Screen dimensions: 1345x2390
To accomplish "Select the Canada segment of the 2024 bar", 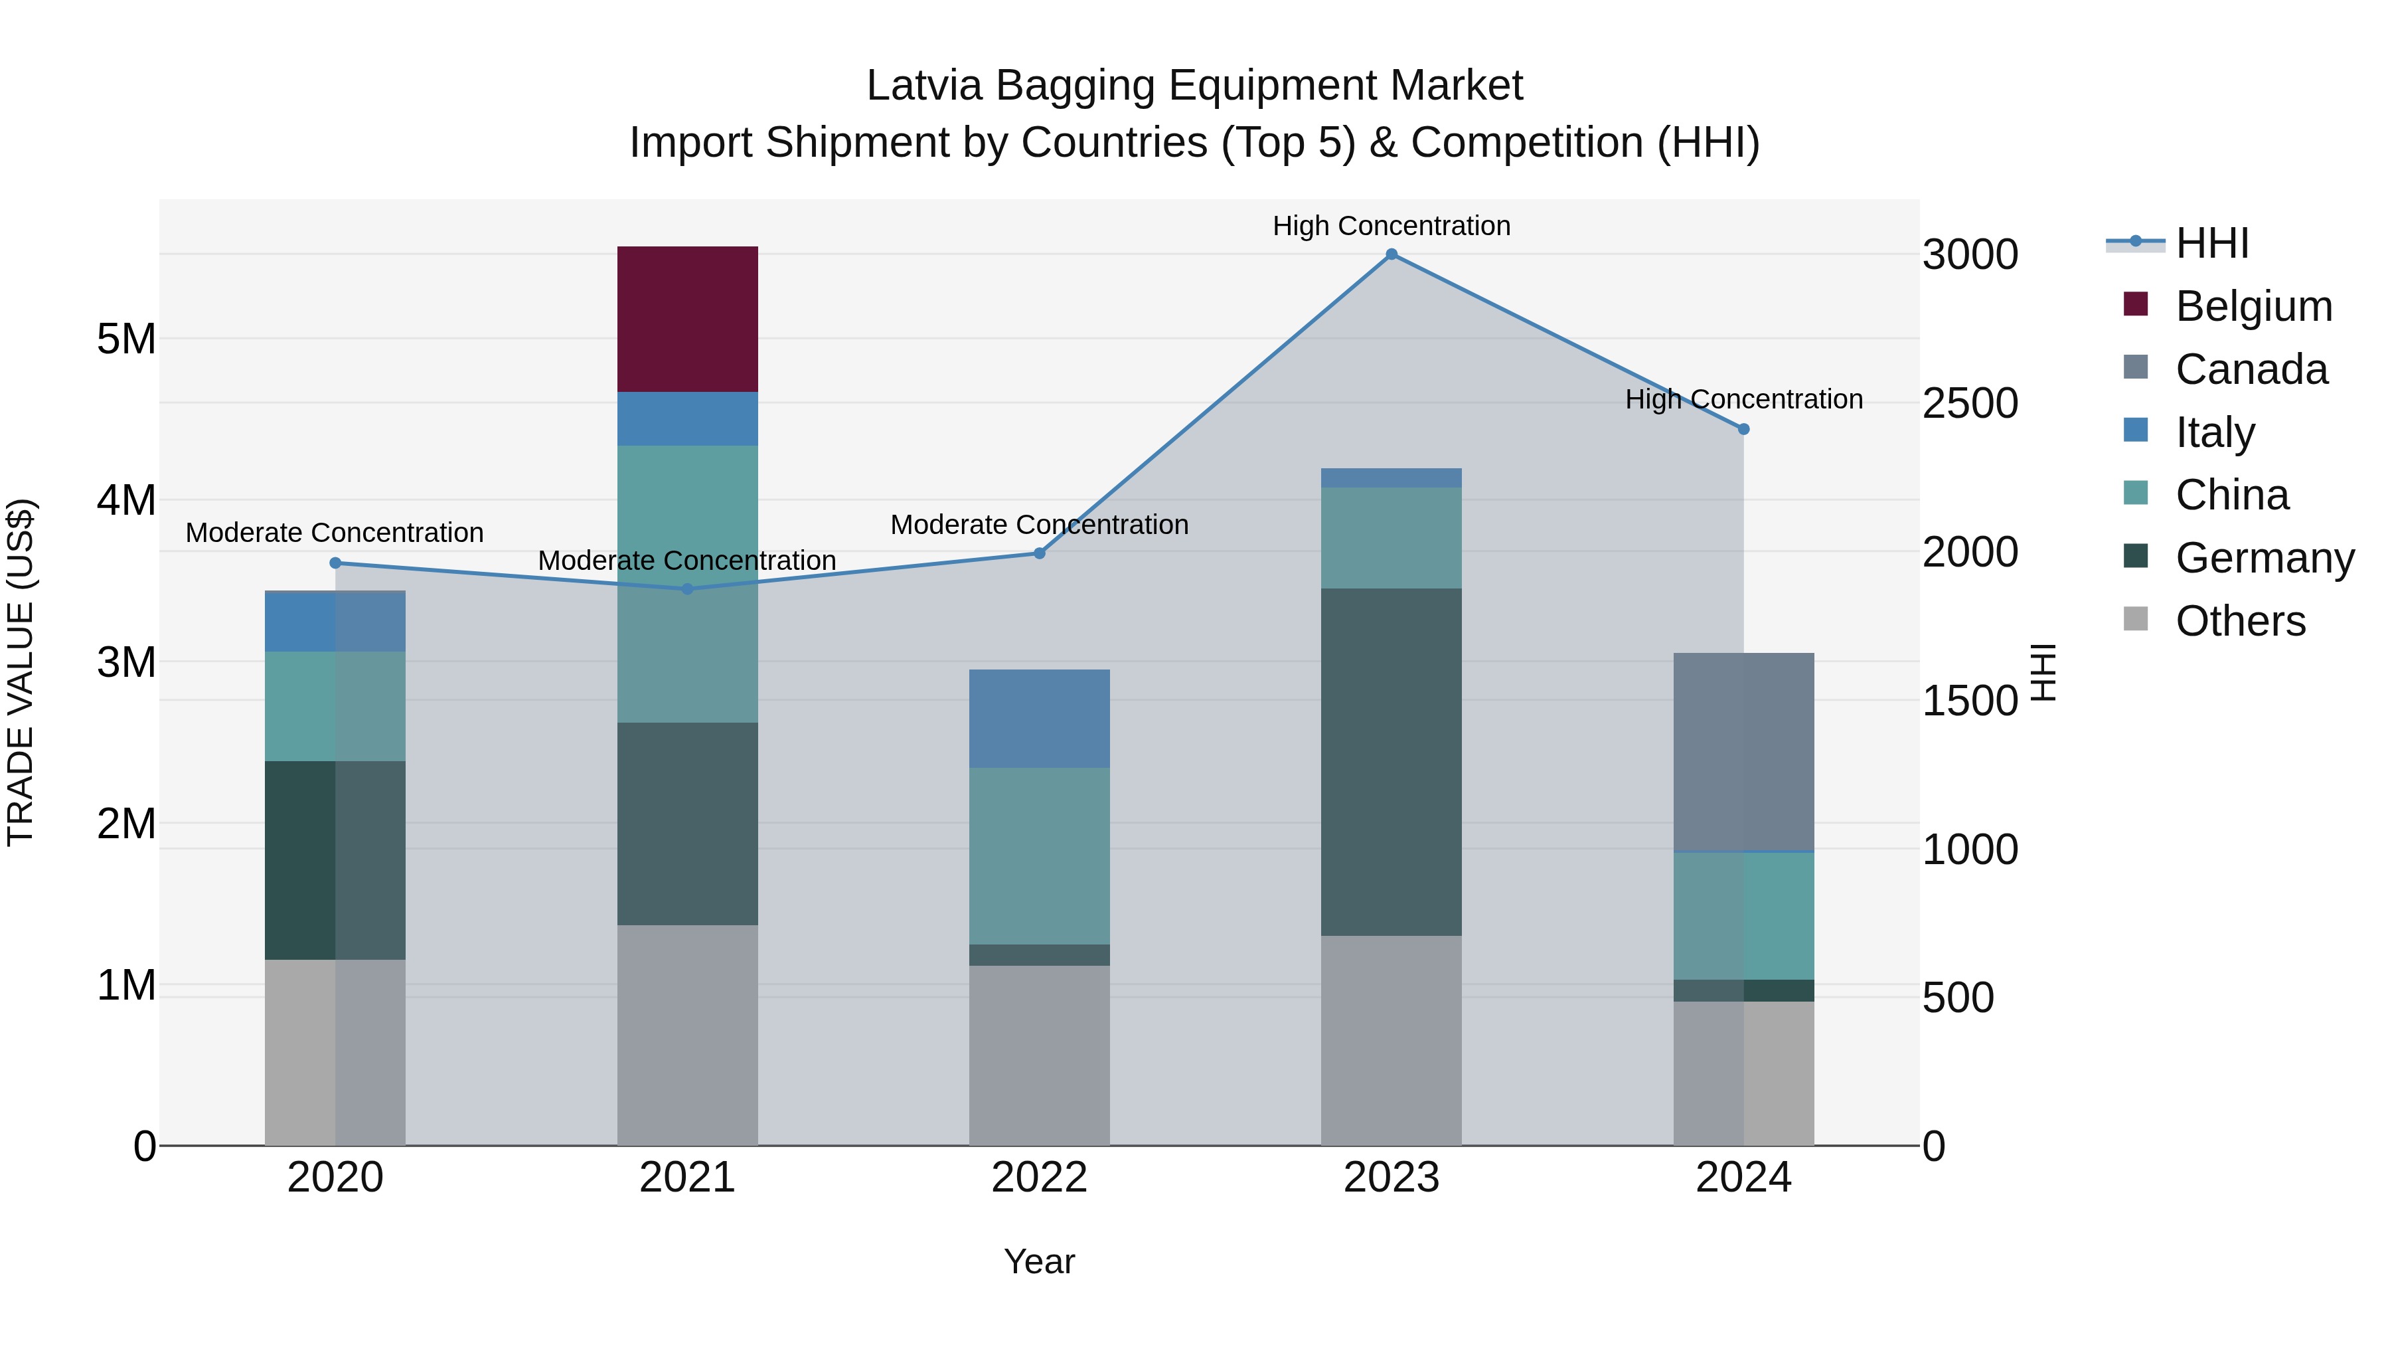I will point(1743,751).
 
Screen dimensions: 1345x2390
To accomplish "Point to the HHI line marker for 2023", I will point(1391,254).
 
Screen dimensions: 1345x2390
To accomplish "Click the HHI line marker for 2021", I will point(688,588).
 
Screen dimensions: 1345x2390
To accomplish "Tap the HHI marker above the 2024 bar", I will point(1743,429).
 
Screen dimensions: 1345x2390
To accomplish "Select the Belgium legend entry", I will point(2252,306).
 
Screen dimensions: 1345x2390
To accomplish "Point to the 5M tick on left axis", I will point(126,339).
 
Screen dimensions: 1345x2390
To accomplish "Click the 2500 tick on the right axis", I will point(1969,404).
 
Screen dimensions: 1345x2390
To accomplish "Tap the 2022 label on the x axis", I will point(1038,1177).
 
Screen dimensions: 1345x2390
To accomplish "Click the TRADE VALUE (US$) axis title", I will point(21,672).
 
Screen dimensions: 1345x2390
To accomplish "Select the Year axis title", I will point(1038,1261).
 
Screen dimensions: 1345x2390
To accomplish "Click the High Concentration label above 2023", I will point(1391,226).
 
